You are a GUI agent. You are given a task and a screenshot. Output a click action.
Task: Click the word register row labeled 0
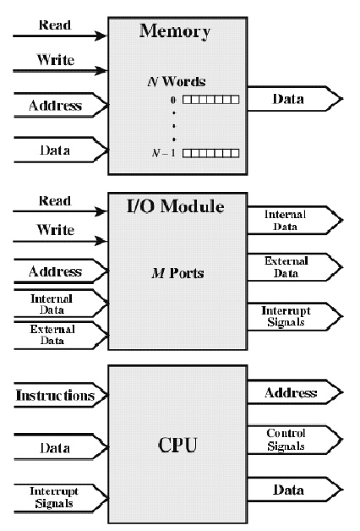coord(210,100)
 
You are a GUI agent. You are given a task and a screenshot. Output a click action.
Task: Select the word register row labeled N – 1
coord(210,153)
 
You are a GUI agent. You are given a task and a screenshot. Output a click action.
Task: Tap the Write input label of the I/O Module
coord(56,230)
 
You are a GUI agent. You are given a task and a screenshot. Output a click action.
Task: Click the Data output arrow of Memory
coord(292,100)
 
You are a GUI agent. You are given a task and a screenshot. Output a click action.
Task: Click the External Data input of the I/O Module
coord(52,335)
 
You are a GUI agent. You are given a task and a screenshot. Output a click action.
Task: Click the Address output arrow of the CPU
coord(292,393)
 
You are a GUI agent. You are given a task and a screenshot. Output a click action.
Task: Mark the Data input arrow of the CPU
coord(56,447)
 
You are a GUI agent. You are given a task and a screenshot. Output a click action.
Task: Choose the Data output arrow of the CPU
coord(292,490)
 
